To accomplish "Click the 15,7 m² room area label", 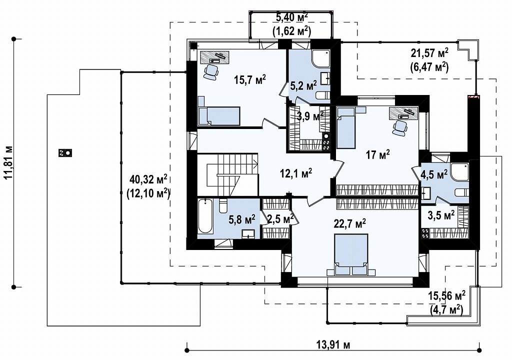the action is pos(250,79).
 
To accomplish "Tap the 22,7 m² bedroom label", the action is pos(349,224).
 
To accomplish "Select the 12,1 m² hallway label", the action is pos(296,172).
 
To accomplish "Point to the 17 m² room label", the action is pos(378,154).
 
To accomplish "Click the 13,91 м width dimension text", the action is pos(333,344).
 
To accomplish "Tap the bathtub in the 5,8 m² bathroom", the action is pos(205,216).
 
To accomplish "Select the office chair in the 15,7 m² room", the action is pos(210,71).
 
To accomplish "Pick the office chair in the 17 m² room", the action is pos(399,127).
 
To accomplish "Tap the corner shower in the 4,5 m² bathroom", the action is pos(459,171).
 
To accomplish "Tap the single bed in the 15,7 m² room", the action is pos(219,115).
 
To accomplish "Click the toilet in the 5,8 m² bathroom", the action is pos(223,206).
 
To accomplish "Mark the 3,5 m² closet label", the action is pos(441,215).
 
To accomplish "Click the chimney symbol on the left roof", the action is pos(65,152).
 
